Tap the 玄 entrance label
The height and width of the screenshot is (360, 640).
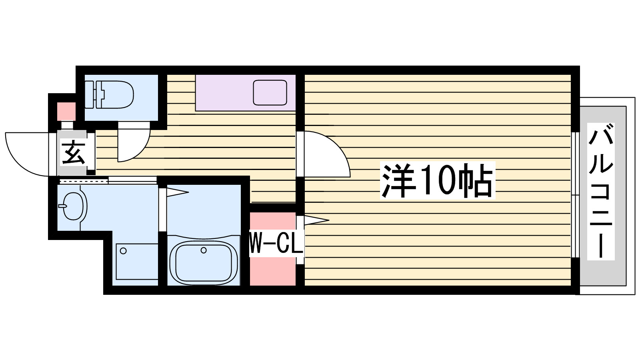pyautogui.click(x=73, y=152)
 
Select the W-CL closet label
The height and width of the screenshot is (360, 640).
pyautogui.click(x=276, y=243)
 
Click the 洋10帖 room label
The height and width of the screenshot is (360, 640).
pyautogui.click(x=437, y=181)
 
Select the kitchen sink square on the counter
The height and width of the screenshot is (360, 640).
pyautogui.click(x=270, y=92)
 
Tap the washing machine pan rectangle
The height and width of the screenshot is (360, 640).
pyautogui.click(x=137, y=261)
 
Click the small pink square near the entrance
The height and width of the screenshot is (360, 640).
pyautogui.click(x=66, y=111)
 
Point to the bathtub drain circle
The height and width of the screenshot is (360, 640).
pyautogui.click(x=204, y=250)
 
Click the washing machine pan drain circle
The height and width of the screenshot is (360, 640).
pyautogui.click(x=123, y=251)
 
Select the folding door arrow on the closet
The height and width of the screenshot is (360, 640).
pyautogui.click(x=316, y=220)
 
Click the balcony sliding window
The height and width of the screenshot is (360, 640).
pyautogui.click(x=575, y=195)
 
